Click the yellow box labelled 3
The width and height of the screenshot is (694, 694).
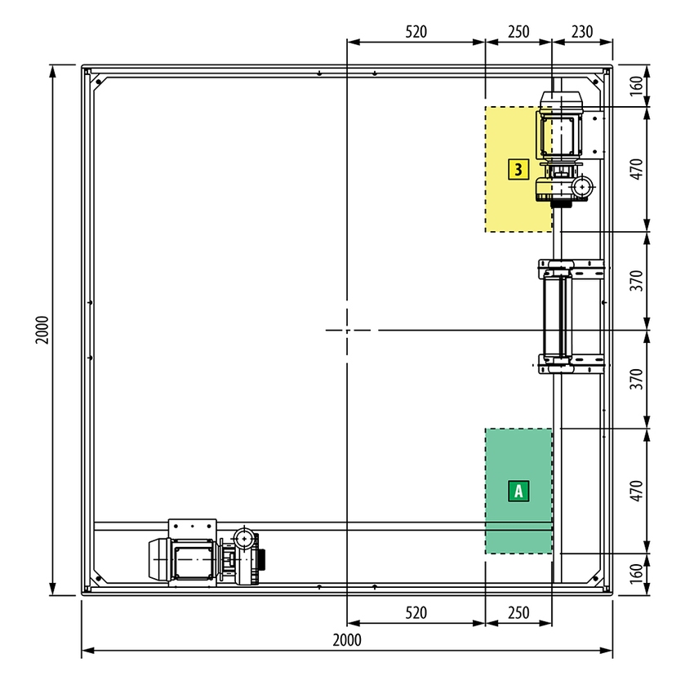pyautogui.click(x=518, y=170)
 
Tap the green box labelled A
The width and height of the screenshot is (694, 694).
pyautogui.click(x=518, y=491)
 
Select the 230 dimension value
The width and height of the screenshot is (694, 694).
pyautogui.click(x=582, y=32)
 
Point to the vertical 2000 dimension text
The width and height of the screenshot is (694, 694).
pyautogui.click(x=42, y=330)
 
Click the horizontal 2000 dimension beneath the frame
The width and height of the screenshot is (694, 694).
pyautogui.click(x=347, y=640)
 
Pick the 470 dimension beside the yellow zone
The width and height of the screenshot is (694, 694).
pyautogui.click(x=636, y=169)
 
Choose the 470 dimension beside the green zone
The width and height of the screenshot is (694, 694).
pyautogui.click(x=636, y=491)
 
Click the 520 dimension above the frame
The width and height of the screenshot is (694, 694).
pyautogui.click(x=416, y=32)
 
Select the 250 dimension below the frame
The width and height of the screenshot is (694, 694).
pyautogui.click(x=518, y=613)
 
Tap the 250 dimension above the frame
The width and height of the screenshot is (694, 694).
pyautogui.click(x=518, y=32)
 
